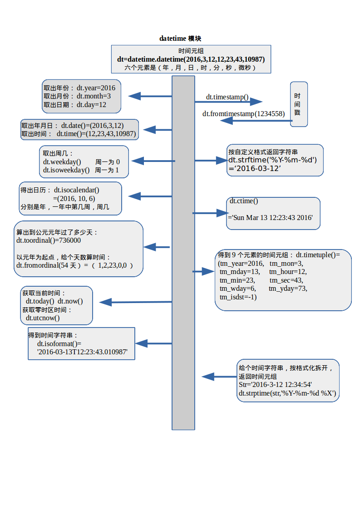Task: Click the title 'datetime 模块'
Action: coord(180,39)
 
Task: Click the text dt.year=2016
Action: coord(96,88)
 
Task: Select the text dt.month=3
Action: coord(94,96)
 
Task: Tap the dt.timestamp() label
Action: coord(227,97)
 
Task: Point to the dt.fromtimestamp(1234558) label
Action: coord(243,114)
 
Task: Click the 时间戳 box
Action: coord(298,104)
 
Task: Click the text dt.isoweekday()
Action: coord(66,170)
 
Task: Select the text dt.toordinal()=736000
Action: coord(49,240)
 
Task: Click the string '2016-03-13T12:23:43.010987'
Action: coord(82,352)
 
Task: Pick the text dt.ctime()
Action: coord(244,201)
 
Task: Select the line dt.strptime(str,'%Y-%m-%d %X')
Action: coord(287,393)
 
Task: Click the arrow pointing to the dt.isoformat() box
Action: coord(153,343)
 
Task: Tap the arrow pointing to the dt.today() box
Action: coord(135,302)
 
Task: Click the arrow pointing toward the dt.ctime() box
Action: coord(209,213)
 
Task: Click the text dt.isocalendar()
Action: coord(76,190)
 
